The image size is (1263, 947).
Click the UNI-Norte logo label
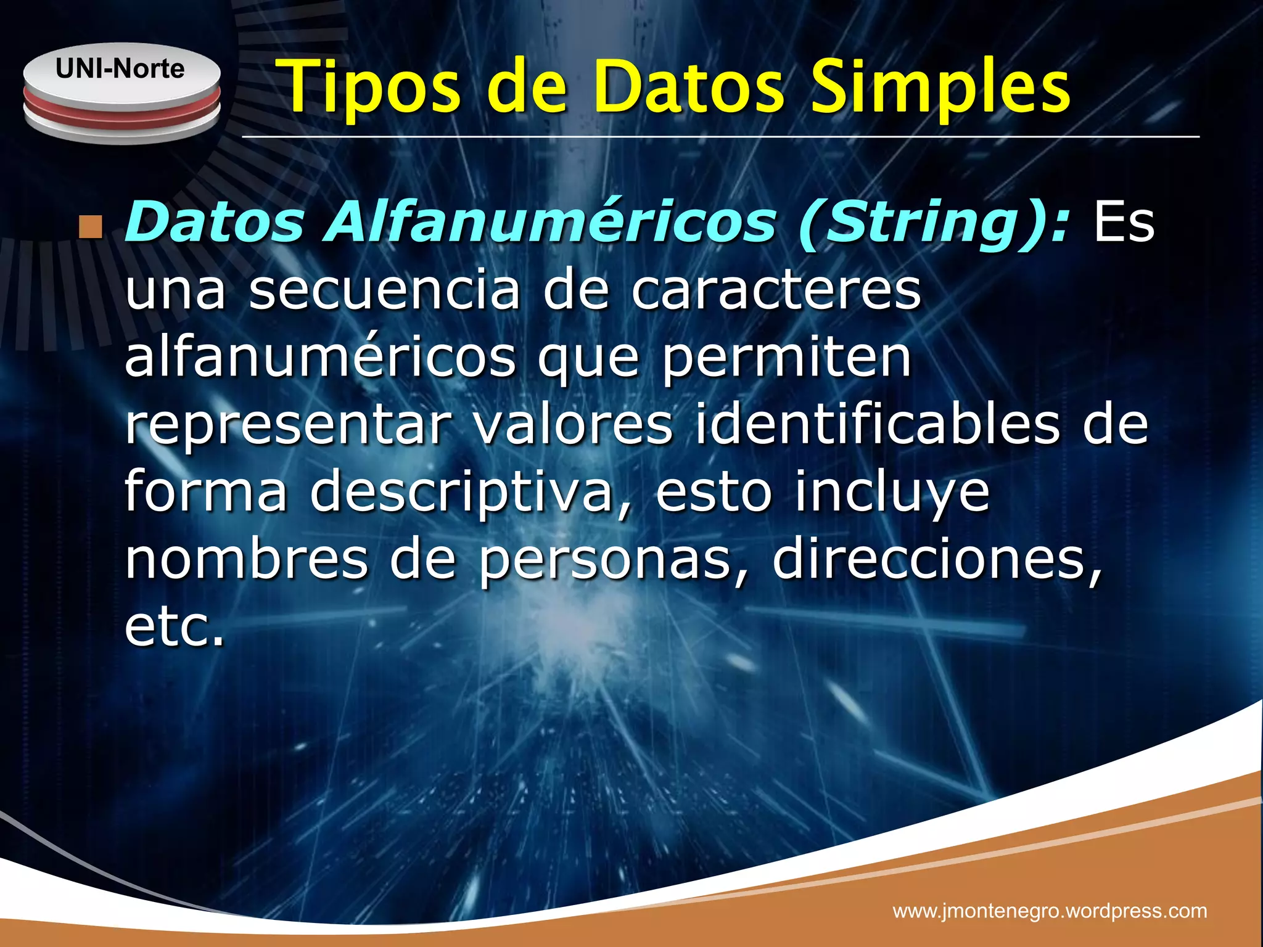(x=120, y=68)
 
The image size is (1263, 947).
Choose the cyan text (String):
(x=934, y=223)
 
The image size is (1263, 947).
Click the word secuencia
(x=385, y=290)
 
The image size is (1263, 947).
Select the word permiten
(x=786, y=359)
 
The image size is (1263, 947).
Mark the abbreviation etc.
(x=174, y=626)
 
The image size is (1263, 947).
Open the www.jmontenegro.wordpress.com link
(x=1050, y=911)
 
